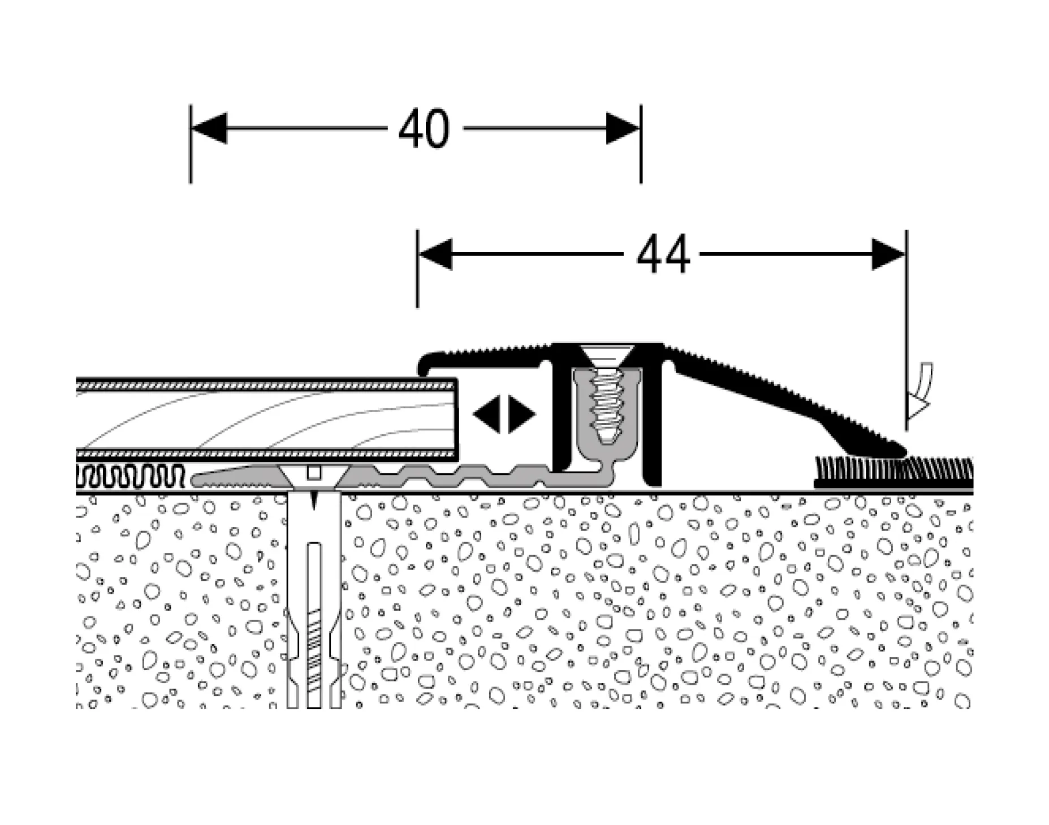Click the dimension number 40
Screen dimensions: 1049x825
[x=424, y=129]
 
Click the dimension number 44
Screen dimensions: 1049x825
[x=663, y=254]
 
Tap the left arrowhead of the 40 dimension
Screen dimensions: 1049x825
[x=209, y=128]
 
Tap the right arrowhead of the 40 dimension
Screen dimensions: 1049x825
[x=623, y=128]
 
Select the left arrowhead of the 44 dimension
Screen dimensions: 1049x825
[x=435, y=254]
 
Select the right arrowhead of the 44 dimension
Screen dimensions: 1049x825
[x=888, y=254]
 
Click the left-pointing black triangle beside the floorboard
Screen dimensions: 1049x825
[x=487, y=414]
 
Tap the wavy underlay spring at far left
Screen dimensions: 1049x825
[x=131, y=477]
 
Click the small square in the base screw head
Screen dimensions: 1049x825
[x=314, y=472]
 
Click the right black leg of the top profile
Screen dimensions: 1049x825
[x=653, y=418]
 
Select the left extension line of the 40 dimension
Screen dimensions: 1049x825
[x=191, y=144]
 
